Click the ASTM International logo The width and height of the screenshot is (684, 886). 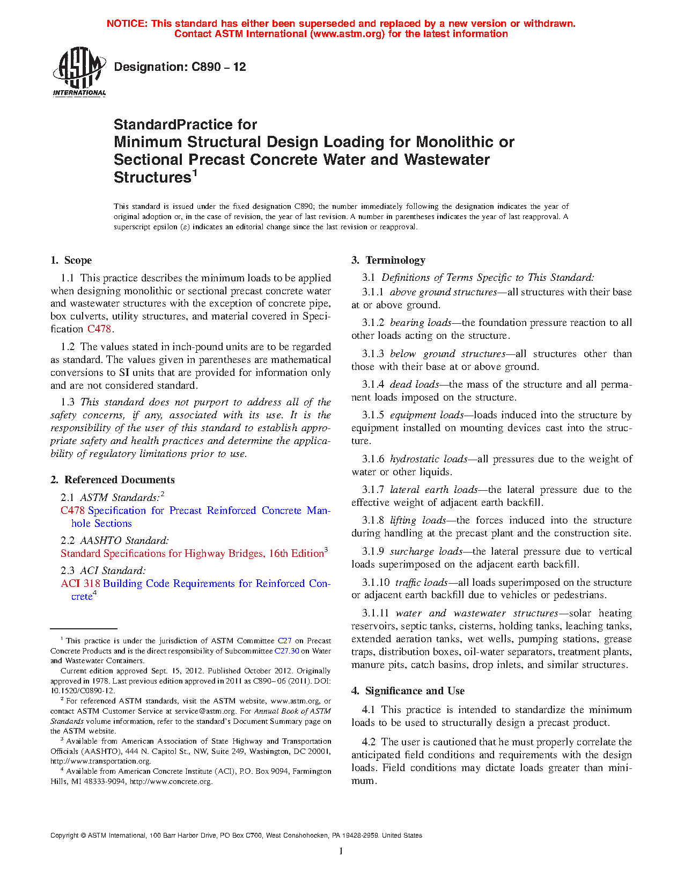[x=79, y=71]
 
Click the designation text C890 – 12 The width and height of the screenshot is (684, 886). [x=180, y=67]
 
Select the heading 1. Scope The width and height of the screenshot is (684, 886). [x=71, y=260]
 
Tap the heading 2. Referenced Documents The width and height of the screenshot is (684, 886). [x=113, y=480]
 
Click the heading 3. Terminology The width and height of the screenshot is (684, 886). [x=388, y=260]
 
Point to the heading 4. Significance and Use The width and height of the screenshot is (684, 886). [x=408, y=691]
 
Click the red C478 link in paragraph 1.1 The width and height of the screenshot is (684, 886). [x=99, y=329]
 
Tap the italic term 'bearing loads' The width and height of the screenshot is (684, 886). [x=421, y=323]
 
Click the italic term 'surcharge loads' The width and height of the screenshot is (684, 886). [x=426, y=551]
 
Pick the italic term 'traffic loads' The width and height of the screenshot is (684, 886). [x=421, y=583]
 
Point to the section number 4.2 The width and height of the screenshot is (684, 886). [x=369, y=742]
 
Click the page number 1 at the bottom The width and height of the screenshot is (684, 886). [x=341, y=851]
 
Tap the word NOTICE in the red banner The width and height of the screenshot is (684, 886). [x=127, y=24]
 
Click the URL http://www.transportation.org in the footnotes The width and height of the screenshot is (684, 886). [x=101, y=761]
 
